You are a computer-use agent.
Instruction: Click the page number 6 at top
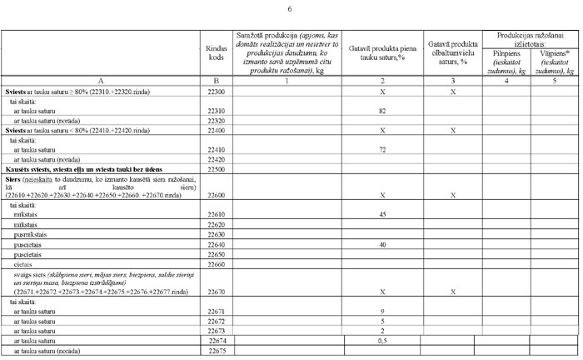tap(290, 9)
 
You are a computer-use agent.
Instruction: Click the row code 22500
tap(217, 168)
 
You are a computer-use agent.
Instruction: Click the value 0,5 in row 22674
tap(382, 340)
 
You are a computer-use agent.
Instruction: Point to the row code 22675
tap(217, 351)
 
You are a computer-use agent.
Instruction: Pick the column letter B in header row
tap(217, 81)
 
